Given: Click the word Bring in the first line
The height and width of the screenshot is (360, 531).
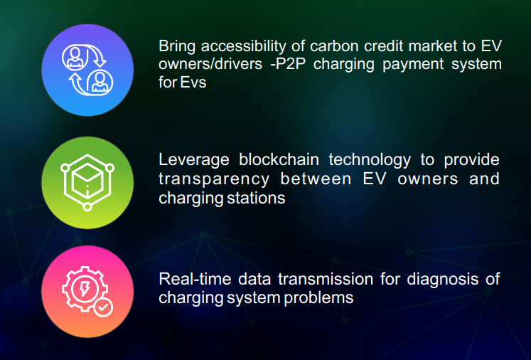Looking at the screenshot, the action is [177, 47].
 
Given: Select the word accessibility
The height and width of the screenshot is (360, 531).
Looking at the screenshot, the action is [244, 46].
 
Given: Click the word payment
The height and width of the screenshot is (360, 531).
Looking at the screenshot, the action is [413, 65].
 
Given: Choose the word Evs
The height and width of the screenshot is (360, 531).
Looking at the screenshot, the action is [193, 83].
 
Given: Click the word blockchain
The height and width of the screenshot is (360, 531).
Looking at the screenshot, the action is [279, 159].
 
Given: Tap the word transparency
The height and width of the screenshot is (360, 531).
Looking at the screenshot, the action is [214, 180].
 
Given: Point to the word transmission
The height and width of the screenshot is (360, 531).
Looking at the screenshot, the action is [326, 279].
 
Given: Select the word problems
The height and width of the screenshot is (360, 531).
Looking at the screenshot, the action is [318, 298].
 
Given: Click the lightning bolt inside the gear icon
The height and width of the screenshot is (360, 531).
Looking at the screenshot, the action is [84, 289].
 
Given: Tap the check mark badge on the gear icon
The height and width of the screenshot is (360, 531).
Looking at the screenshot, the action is [103, 307].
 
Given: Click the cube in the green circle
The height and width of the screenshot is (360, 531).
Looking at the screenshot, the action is [87, 180].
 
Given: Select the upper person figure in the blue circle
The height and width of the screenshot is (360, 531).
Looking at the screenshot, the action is [75, 57].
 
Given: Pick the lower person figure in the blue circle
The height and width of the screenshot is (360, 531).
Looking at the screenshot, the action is [100, 83].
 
